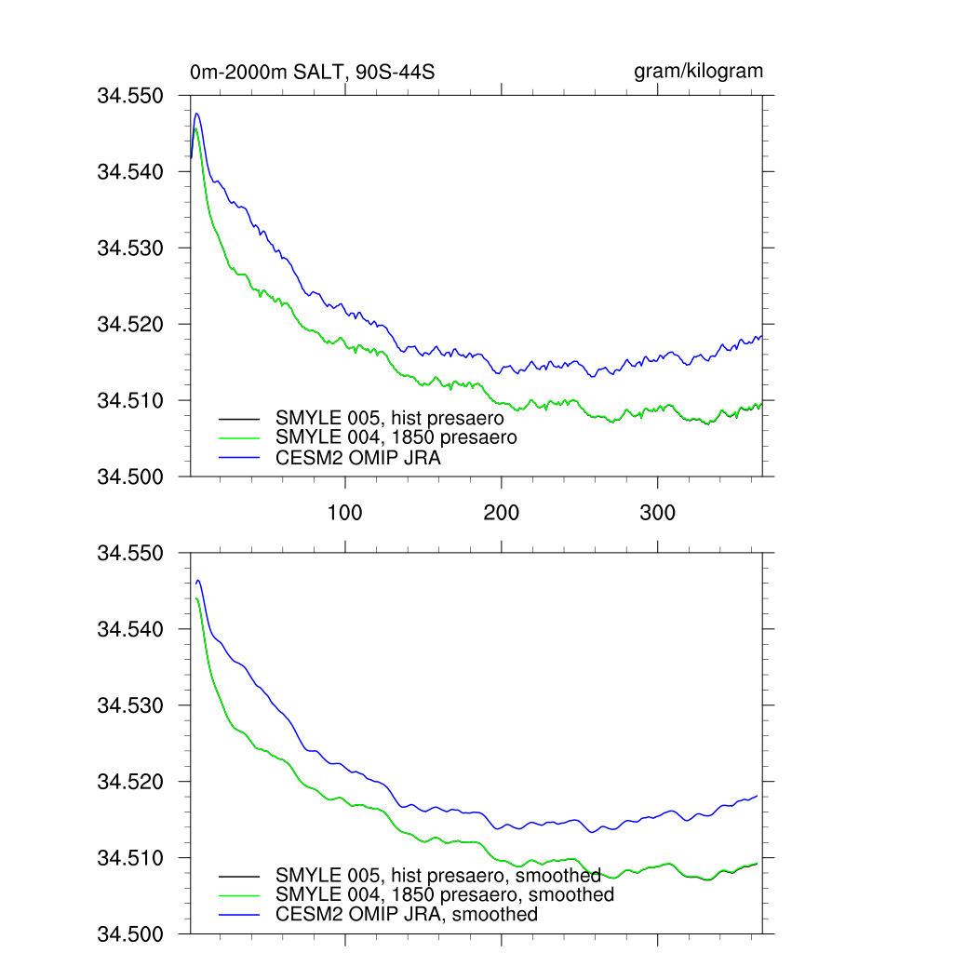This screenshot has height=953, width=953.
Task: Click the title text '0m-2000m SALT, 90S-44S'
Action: point(313,73)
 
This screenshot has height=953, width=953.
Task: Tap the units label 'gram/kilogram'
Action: point(698,72)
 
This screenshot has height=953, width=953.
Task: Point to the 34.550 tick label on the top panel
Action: point(130,96)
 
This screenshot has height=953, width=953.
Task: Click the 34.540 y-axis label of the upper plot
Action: point(130,172)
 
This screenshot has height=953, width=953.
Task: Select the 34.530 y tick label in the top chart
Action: point(130,248)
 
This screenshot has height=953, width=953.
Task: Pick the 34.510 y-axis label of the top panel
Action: point(130,401)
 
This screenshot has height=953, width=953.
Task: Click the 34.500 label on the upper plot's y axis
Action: point(130,477)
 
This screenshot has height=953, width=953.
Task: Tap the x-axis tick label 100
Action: point(345,514)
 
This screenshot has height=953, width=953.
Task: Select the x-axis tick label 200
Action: point(502,514)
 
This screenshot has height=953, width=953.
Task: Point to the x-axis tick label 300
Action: point(658,514)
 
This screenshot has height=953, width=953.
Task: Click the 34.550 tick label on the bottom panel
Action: point(130,554)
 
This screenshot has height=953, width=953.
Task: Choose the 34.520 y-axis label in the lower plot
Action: point(130,782)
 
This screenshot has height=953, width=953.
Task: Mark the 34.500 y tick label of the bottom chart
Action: point(130,933)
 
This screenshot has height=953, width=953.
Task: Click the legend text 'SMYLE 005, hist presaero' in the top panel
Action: point(389,419)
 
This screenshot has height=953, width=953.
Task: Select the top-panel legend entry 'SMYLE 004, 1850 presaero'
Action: point(395,436)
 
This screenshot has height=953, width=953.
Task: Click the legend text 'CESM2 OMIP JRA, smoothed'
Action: point(407,914)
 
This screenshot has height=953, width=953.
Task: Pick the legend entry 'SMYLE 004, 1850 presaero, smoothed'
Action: point(445,894)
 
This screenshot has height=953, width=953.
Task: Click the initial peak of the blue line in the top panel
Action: point(196,114)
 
